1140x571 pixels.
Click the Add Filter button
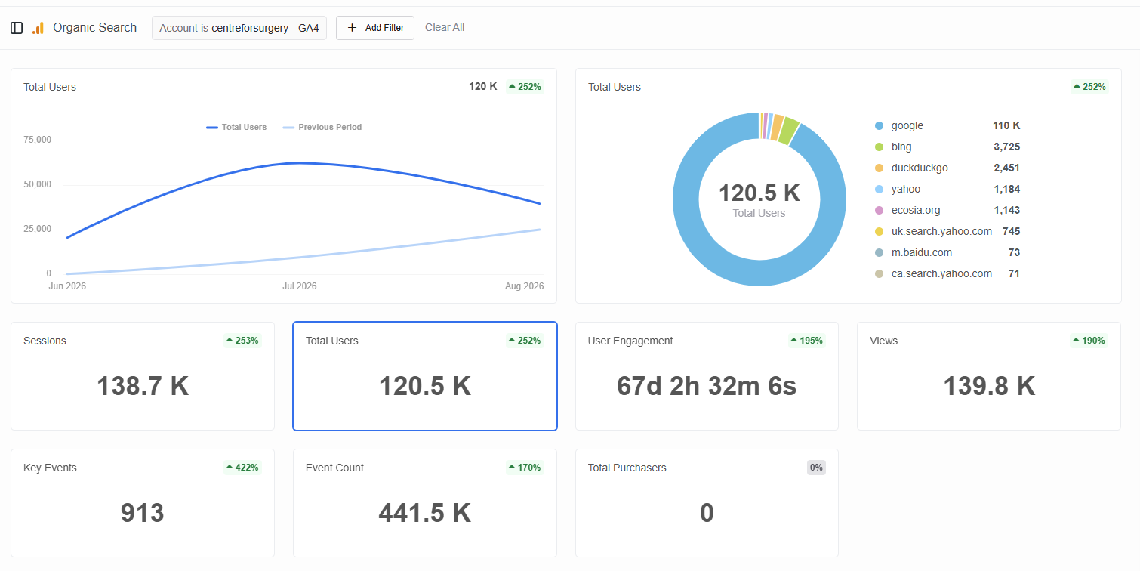click(375, 27)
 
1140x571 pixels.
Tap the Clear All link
click(444, 27)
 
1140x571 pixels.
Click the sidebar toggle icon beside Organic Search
click(17, 28)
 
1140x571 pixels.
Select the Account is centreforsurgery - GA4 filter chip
click(239, 27)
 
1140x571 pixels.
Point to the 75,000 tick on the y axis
click(37, 140)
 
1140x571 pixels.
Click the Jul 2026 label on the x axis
click(299, 285)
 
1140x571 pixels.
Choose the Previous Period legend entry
click(322, 127)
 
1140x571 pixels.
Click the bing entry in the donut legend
click(901, 147)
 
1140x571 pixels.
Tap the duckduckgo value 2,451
click(1006, 168)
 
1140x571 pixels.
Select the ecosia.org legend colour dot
click(879, 211)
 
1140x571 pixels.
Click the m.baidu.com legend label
click(921, 252)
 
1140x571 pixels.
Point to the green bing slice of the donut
click(789, 131)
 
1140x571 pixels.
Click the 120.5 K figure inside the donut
click(759, 193)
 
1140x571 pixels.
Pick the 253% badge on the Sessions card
click(242, 340)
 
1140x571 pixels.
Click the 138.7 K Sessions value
click(143, 386)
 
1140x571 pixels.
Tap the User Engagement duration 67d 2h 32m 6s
click(707, 386)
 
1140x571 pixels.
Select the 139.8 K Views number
click(989, 386)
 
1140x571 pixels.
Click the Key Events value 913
click(143, 512)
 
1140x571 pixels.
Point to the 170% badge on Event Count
click(525, 467)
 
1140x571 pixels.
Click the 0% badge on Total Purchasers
click(816, 467)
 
